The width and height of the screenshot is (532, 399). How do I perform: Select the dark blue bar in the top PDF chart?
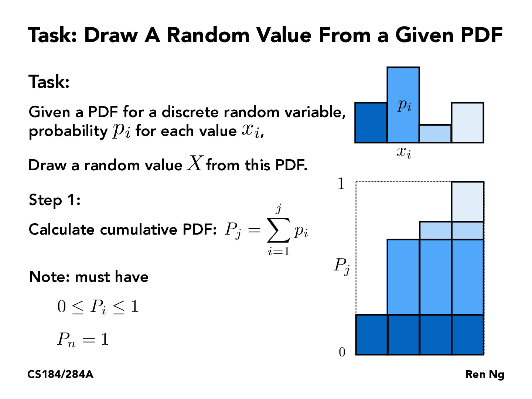[371, 123]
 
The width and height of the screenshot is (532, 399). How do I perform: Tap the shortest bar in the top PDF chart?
[435, 134]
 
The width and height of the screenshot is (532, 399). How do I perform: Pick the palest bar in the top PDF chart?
[467, 123]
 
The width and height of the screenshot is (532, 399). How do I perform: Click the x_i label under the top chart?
[404, 151]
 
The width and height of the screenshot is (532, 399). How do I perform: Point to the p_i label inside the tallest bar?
[405, 105]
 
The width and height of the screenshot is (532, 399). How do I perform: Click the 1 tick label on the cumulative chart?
[341, 184]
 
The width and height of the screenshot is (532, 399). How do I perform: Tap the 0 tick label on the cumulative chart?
[342, 352]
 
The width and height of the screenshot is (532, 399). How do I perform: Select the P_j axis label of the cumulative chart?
[342, 266]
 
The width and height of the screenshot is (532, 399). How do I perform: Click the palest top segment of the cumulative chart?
[467, 202]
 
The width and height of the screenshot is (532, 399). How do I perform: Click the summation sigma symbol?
[278, 231]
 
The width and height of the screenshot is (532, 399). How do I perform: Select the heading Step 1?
[55, 200]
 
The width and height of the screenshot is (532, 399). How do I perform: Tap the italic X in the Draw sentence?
[195, 163]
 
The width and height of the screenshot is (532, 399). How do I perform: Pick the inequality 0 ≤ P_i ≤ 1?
[98, 307]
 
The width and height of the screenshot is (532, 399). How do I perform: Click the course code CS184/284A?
[60, 375]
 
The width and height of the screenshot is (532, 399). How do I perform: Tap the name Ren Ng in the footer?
[485, 375]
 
